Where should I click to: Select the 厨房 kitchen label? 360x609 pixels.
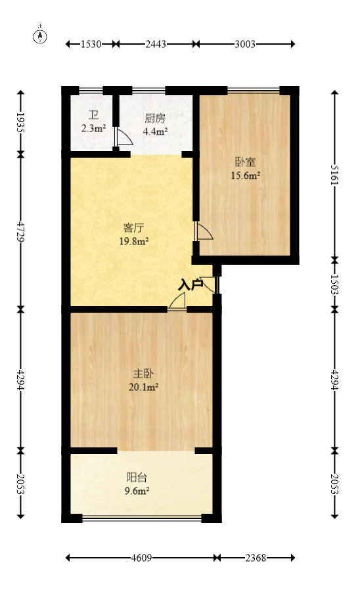tap(155, 119)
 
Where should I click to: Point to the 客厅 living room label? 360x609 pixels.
tap(134, 229)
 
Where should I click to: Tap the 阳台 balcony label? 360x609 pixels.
tap(137, 478)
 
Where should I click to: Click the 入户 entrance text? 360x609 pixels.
tap(191, 284)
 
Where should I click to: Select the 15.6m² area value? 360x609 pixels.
tap(245, 175)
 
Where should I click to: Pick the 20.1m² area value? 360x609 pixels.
tap(144, 387)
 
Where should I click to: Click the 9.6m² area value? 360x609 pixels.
tap(137, 490)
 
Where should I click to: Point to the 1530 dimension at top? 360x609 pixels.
tap(91, 44)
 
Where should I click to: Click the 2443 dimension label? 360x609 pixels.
tap(156, 44)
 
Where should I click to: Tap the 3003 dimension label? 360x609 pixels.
tap(244, 44)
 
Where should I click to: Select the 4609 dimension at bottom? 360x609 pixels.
tap(141, 558)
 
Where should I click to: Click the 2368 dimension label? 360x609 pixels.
tap(255, 558)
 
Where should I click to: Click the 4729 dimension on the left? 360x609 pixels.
tap(22, 231)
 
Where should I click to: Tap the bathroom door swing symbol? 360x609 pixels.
tap(121, 137)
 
